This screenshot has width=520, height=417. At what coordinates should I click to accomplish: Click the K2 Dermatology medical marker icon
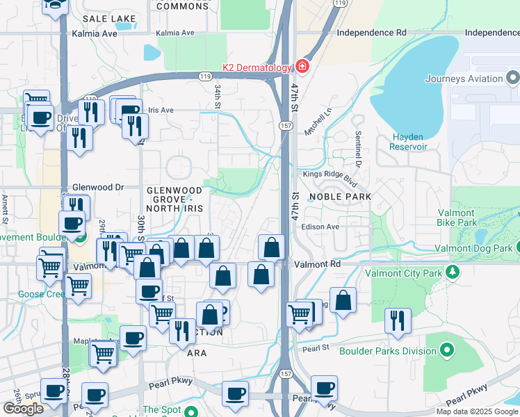point(302,67)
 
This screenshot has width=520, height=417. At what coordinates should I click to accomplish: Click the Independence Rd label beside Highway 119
point(371,33)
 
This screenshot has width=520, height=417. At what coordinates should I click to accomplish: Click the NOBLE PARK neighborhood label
point(341,197)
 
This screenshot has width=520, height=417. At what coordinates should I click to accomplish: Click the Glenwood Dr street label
point(97,188)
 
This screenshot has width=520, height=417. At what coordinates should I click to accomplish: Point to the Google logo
point(23,409)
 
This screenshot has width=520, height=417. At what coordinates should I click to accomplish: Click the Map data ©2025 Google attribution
point(476,411)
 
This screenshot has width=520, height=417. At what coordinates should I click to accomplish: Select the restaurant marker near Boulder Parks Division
point(397,320)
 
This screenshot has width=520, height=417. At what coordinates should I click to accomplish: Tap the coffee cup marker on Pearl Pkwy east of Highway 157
point(324,388)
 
